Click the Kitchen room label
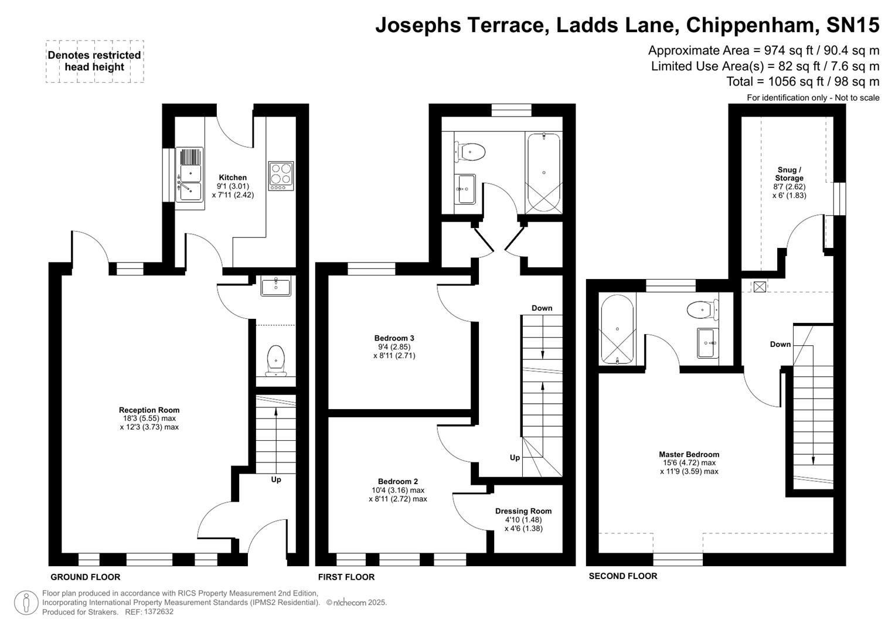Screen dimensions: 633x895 point(233,178)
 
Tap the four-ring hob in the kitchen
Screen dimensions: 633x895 point(280,175)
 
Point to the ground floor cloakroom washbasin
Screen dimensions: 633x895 point(275,288)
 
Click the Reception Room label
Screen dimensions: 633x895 point(149,410)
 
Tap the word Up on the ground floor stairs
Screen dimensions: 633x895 point(275,479)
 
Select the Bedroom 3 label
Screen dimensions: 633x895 point(394,338)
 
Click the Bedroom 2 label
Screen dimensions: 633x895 point(397,481)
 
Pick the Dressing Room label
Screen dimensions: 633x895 point(523,511)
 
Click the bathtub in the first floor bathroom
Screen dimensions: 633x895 point(543,172)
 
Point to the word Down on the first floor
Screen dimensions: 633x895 point(542,308)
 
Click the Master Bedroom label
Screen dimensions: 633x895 point(689,454)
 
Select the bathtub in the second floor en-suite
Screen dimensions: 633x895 point(617,329)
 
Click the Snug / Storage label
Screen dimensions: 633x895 point(789,174)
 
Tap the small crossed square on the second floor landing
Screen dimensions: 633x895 point(760,287)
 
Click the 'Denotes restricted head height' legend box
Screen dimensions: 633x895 point(94,61)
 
